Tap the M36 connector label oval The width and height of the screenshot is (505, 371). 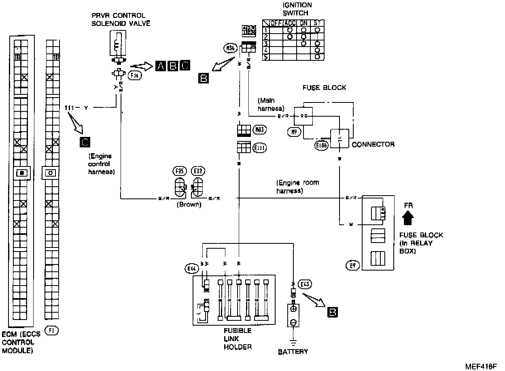click(229, 49)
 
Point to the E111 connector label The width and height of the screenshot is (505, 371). click(259, 148)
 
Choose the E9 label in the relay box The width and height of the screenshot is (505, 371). click(352, 266)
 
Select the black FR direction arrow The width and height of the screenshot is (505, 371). click(408, 219)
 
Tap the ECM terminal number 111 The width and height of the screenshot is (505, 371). click(70, 108)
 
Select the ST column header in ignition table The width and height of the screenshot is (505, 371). click(316, 23)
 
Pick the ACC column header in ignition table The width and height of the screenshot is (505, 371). click(290, 23)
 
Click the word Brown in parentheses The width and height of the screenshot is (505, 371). click(189, 205)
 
